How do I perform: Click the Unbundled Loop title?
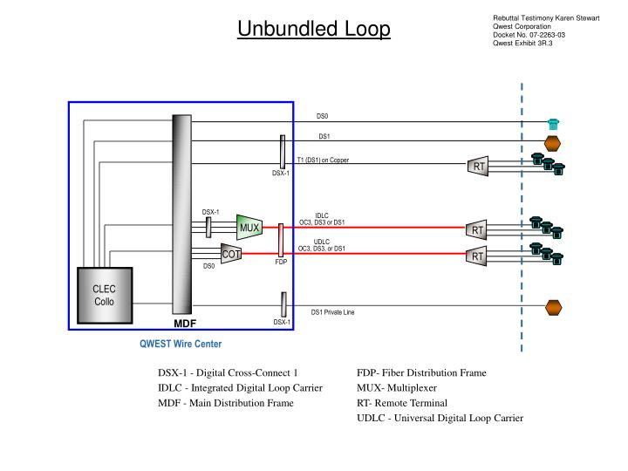(x=315, y=30)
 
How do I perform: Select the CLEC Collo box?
(x=105, y=295)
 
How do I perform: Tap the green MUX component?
(x=249, y=229)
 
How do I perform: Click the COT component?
(x=231, y=254)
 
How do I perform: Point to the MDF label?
(x=184, y=323)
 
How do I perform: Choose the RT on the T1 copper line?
(x=478, y=167)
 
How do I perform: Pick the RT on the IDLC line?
(x=477, y=229)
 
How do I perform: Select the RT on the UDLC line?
(x=477, y=256)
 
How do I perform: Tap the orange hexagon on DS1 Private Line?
(x=551, y=306)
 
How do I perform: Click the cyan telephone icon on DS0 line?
(x=552, y=123)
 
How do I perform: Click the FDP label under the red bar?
(x=281, y=262)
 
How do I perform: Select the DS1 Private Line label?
(x=333, y=312)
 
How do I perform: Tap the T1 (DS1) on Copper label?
(x=323, y=160)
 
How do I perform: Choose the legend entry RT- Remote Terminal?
(x=401, y=403)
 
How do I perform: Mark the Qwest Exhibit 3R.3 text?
(x=523, y=44)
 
